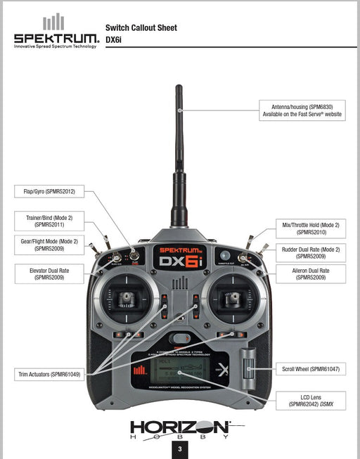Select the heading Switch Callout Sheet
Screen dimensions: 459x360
(x=141, y=28)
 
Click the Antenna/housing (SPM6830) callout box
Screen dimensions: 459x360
(x=302, y=110)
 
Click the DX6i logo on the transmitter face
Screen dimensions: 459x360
(x=179, y=259)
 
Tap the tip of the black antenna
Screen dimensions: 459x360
(x=179, y=89)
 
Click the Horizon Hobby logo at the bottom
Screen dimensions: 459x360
(x=179, y=428)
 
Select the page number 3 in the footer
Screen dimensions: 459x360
(x=180, y=449)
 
